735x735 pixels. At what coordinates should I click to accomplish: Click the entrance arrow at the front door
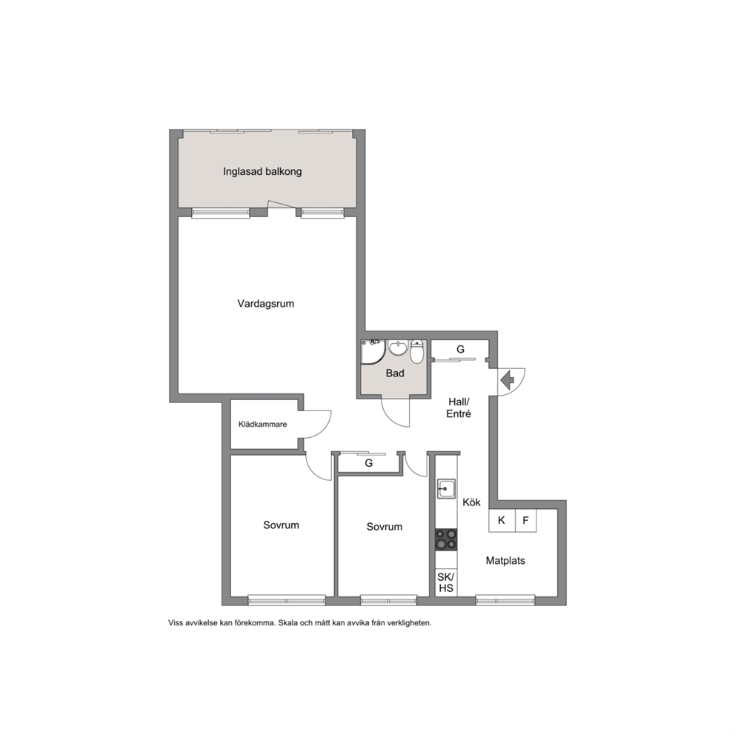[x=508, y=379]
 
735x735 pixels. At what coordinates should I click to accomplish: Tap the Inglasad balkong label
[x=262, y=172]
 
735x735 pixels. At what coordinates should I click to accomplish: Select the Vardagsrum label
[x=266, y=303]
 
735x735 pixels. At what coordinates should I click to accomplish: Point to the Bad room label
[x=395, y=373]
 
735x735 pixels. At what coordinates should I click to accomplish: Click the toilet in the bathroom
[x=416, y=351]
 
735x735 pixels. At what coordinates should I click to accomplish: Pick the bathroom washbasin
[x=399, y=347]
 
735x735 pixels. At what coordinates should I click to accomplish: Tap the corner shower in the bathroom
[x=373, y=352]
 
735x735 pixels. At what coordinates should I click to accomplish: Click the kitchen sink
[x=446, y=489]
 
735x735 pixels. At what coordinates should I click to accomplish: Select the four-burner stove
[x=446, y=539]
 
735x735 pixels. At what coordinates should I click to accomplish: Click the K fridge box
[x=502, y=520]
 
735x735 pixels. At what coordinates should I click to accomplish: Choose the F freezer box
[x=526, y=520]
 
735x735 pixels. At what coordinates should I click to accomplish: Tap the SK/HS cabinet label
[x=446, y=582]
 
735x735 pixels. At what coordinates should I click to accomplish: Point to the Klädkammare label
[x=262, y=425]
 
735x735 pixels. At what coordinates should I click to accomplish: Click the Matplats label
[x=505, y=561]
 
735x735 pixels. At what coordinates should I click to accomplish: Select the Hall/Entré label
[x=459, y=408]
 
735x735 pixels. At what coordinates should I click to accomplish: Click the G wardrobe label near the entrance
[x=460, y=349]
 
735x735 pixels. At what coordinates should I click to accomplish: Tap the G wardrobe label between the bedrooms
[x=369, y=463]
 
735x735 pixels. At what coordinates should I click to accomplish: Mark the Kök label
[x=471, y=502]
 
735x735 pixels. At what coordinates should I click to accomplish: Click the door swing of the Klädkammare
[x=324, y=429]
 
